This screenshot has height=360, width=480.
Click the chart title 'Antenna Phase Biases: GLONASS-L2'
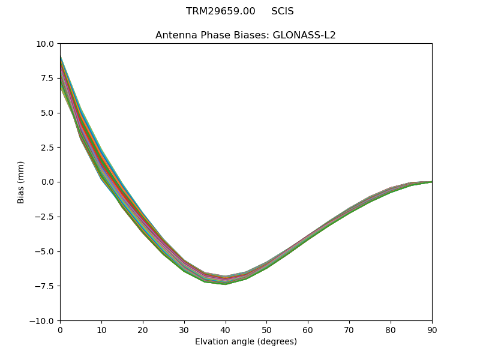245,35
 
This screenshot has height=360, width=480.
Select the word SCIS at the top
282,11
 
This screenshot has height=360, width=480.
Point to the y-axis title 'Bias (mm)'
21,182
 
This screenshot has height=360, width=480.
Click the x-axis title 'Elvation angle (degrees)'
245,342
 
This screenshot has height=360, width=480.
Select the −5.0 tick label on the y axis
46,251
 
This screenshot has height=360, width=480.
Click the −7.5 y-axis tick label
46,286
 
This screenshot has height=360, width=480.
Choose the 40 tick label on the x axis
225,330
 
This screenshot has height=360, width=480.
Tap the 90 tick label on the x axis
431,330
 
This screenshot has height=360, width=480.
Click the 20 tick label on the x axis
143,330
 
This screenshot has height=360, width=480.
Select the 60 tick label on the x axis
308,330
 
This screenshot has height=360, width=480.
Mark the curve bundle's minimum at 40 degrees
225,280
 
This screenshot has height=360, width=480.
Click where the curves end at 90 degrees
431,182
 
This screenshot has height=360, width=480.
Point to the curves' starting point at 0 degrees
61,72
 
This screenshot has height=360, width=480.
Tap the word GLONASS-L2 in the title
304,35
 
